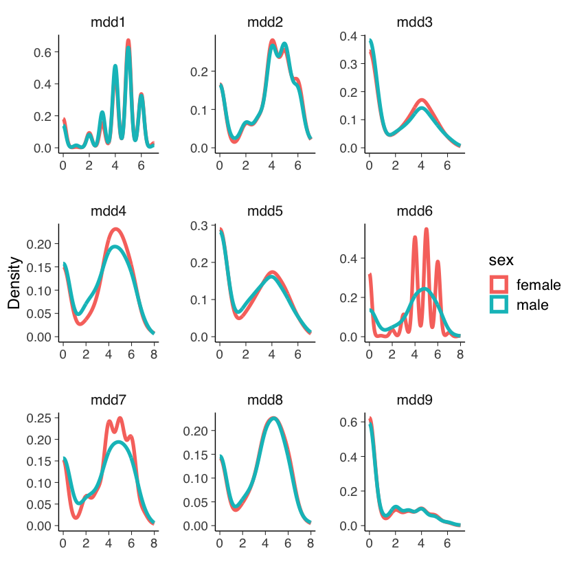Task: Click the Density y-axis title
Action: point(14,283)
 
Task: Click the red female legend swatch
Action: point(499,284)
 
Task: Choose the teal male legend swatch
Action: point(499,305)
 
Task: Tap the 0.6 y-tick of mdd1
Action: point(43,53)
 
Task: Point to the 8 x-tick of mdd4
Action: point(154,356)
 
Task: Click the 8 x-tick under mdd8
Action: point(310,545)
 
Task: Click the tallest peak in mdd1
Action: point(128,42)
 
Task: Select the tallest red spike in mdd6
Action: point(427,230)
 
